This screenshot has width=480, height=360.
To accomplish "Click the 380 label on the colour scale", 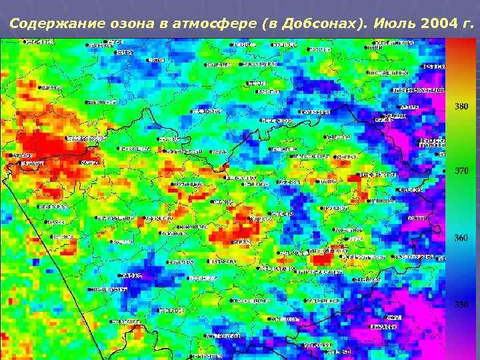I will [x=461, y=106].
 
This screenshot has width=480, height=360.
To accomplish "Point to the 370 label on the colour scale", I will [x=461, y=171].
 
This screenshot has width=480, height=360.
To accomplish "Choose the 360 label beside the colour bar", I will [x=461, y=238].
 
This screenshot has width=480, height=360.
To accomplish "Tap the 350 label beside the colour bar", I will [x=461, y=305].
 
